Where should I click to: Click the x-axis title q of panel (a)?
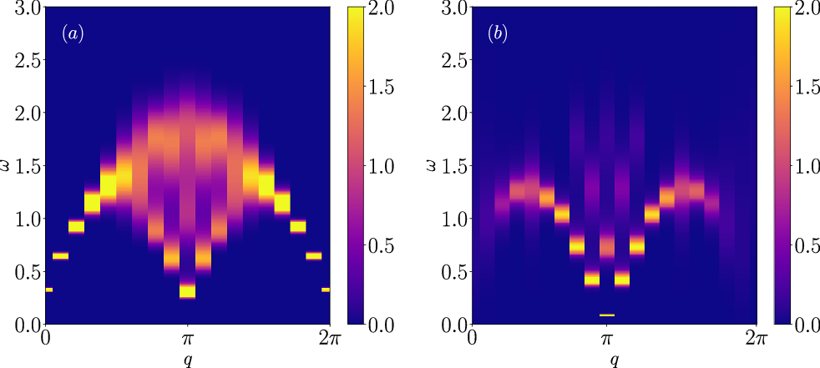188,360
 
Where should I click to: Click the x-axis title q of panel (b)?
615,360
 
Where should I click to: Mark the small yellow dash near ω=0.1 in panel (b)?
607,315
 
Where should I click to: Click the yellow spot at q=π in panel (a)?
188,291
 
